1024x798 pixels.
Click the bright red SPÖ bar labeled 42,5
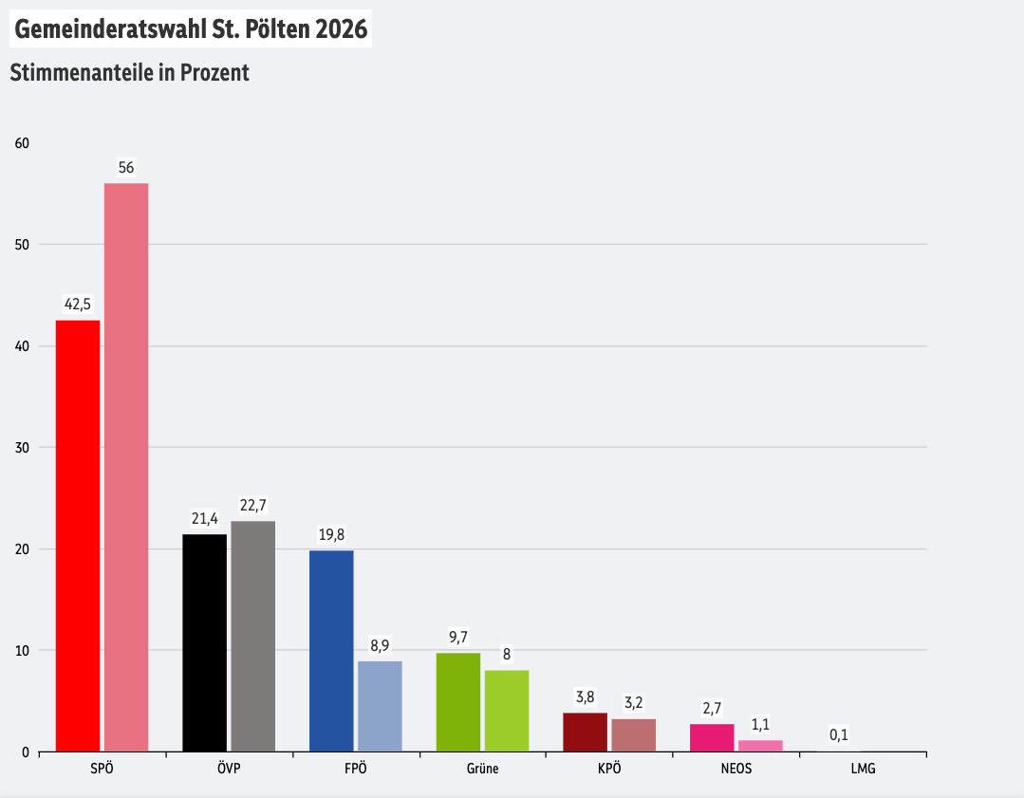tap(78, 536)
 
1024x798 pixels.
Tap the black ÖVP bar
tap(204, 642)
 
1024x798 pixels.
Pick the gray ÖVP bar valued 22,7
tap(252, 636)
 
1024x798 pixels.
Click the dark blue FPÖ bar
tap(331, 651)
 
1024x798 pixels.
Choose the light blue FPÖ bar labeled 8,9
tap(380, 706)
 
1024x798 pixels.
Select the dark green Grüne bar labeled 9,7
tap(458, 702)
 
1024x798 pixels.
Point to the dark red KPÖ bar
tap(586, 732)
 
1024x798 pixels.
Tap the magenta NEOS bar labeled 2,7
tap(712, 737)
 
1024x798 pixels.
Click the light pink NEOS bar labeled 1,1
tap(760, 746)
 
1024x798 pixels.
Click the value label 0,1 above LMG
tap(839, 734)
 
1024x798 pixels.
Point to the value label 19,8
tap(331, 535)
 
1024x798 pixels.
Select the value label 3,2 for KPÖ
tap(633, 703)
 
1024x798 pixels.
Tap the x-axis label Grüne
tap(482, 769)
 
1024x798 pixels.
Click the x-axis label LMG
tap(863, 769)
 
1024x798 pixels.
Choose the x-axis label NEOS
tap(735, 769)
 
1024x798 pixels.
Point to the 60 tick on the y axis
tap(22, 143)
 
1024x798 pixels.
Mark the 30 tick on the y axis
tap(22, 448)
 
